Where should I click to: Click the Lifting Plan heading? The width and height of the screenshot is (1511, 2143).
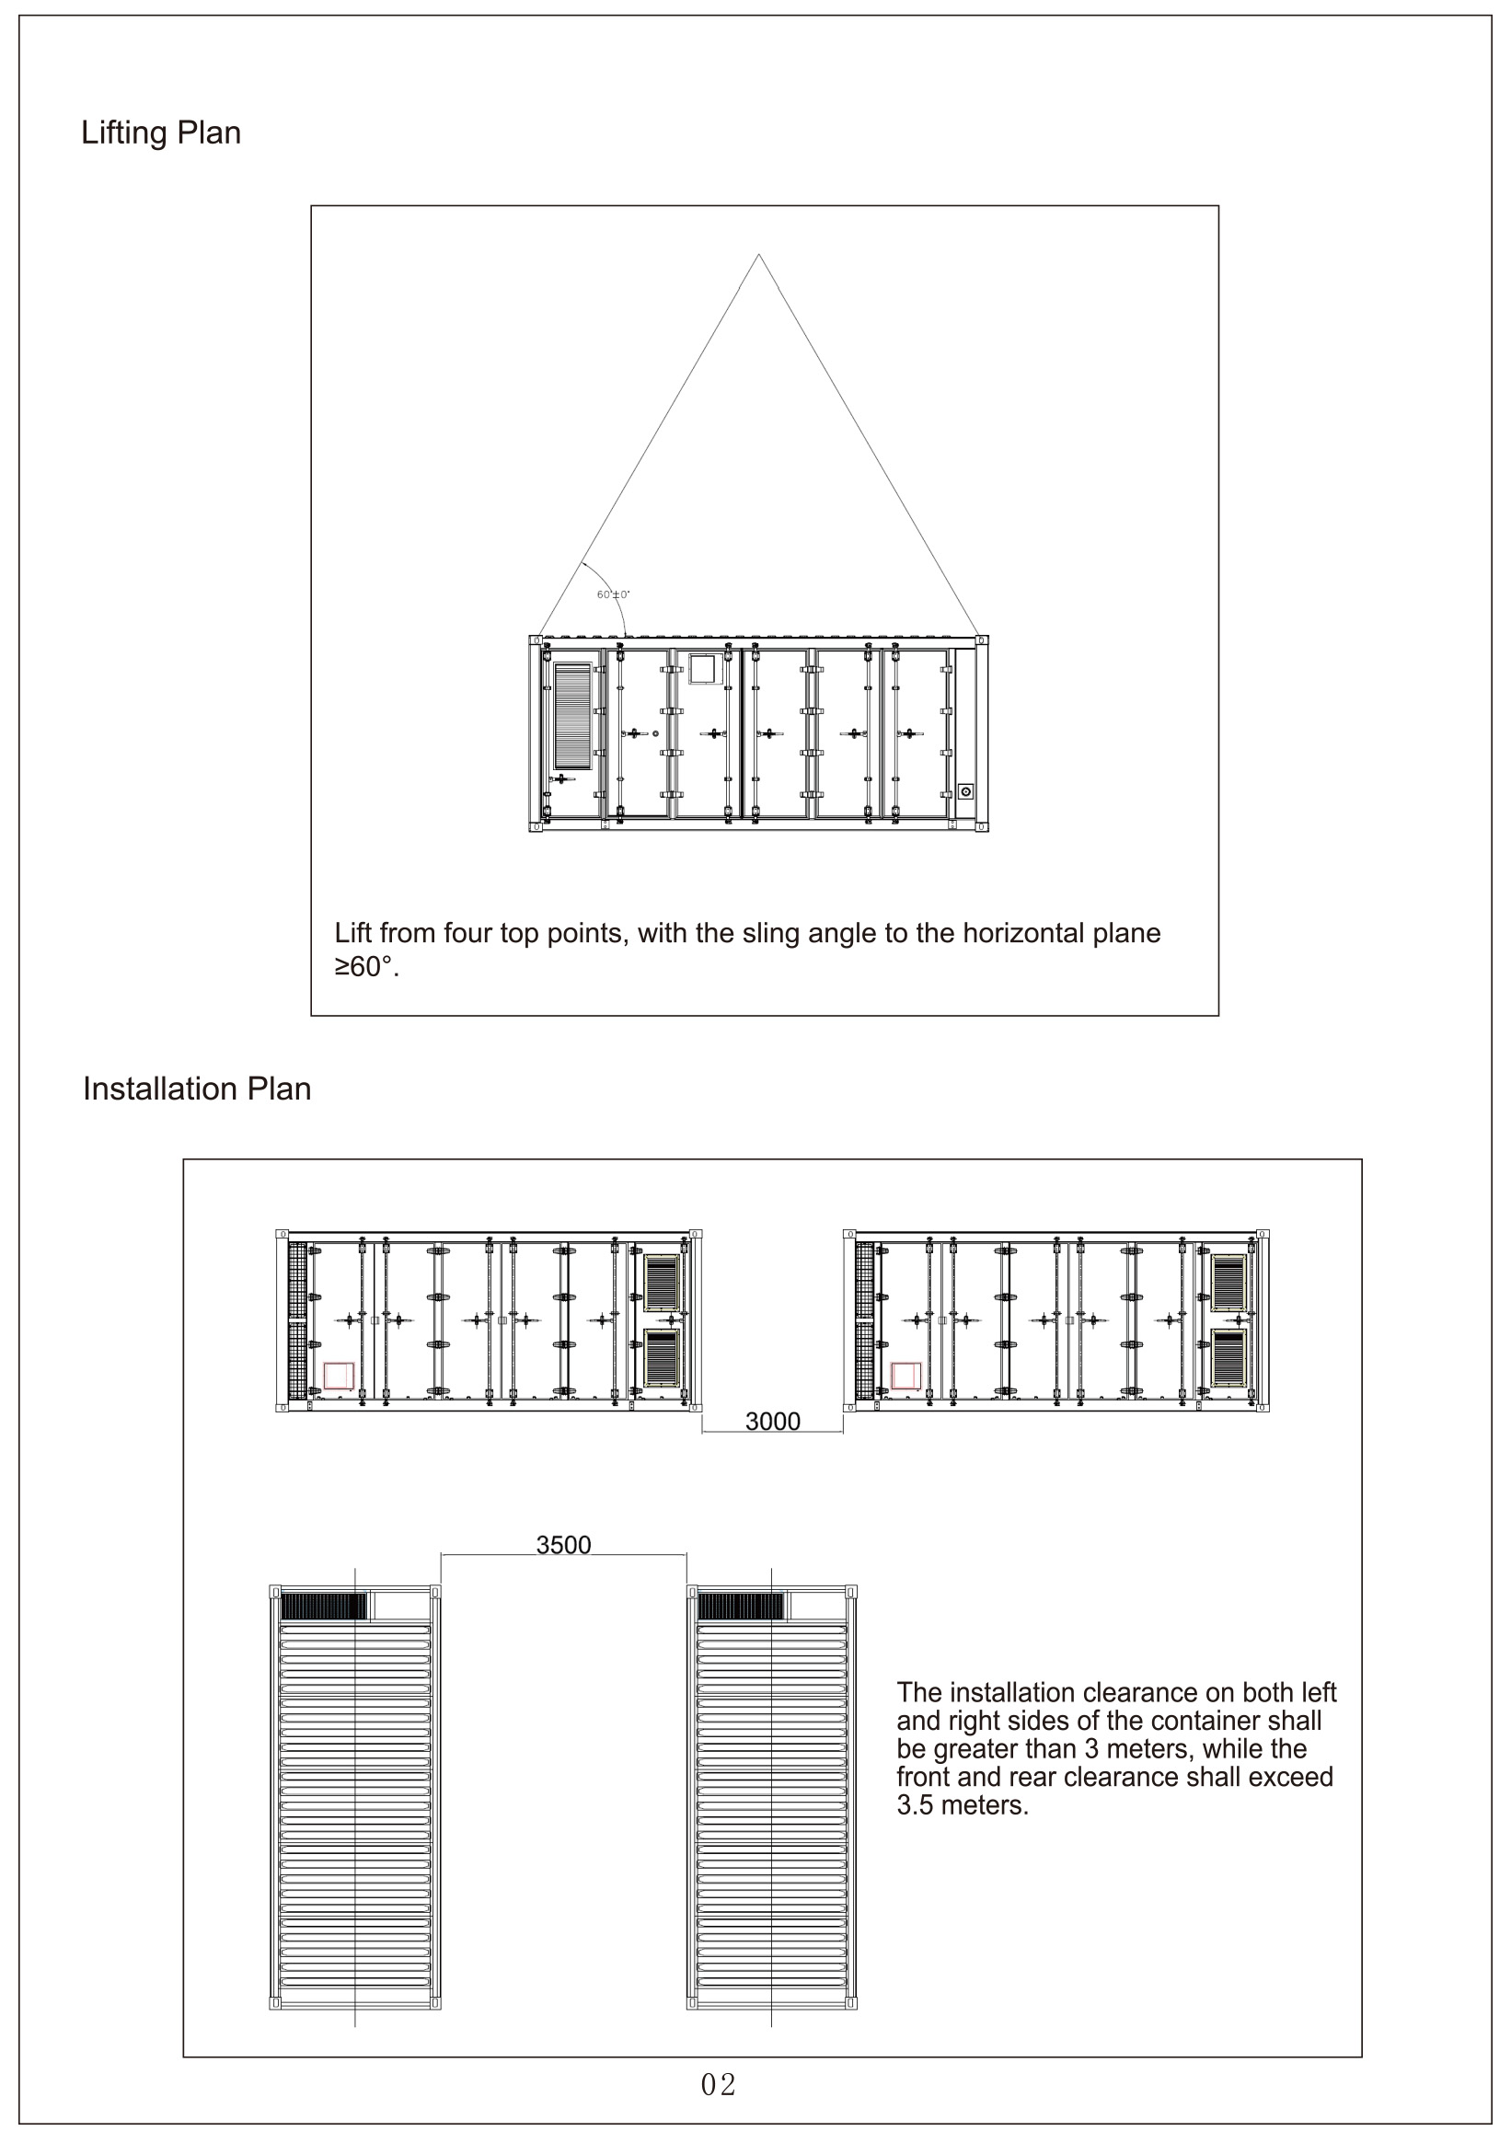[160, 132]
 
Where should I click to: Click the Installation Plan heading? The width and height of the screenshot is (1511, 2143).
[196, 1089]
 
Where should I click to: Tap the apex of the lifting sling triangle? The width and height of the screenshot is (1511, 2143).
[759, 254]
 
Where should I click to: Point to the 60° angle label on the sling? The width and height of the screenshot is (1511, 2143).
[613, 594]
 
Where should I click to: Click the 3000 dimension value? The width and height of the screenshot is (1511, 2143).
[772, 1422]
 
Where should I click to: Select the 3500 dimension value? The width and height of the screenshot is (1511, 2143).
[563, 1545]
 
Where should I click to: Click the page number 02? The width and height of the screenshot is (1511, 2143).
[718, 2085]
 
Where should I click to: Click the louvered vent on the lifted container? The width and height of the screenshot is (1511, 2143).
[573, 716]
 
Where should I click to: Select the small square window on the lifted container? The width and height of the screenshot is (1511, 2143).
[701, 669]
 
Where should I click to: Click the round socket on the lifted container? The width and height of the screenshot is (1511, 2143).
[966, 791]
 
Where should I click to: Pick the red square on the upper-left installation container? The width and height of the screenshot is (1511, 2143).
[339, 1376]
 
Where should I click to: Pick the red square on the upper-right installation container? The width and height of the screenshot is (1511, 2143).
[905, 1376]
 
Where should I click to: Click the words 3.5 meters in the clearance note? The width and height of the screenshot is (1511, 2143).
[962, 1806]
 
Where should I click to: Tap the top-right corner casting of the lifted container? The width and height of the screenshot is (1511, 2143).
[981, 640]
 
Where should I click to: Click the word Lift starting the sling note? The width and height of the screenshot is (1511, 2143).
[352, 933]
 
